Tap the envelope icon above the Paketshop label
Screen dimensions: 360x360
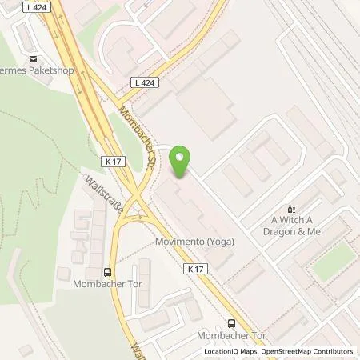33,59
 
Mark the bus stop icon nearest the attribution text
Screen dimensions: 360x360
231,324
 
